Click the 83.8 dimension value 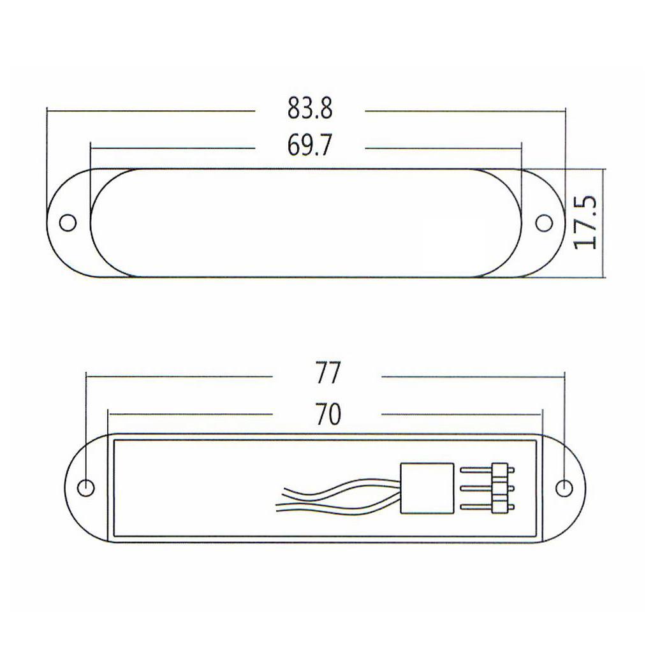[310, 110]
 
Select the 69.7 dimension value [310, 147]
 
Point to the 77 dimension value [327, 374]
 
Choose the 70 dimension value [327, 415]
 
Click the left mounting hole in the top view [68, 223]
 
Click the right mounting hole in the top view [544, 223]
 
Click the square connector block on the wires [427, 488]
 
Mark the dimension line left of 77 [179, 376]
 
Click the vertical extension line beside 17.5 [603, 223]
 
